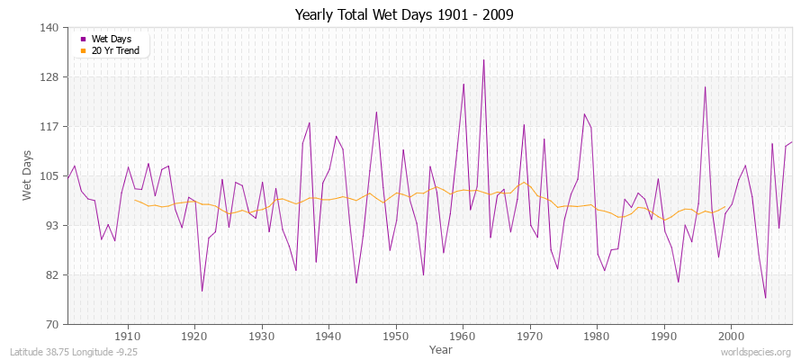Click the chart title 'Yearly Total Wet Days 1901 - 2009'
404,15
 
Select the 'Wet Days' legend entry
112,39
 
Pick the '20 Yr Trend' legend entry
115,50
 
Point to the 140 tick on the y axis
49,28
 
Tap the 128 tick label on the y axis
49,77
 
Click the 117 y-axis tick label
49,127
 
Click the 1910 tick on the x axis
127,336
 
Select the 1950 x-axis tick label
395,336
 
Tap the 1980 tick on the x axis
596,336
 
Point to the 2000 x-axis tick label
730,336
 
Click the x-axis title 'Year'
441,349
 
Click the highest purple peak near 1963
483,60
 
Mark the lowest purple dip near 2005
765,298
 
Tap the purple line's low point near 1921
202,291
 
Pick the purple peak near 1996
705,86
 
